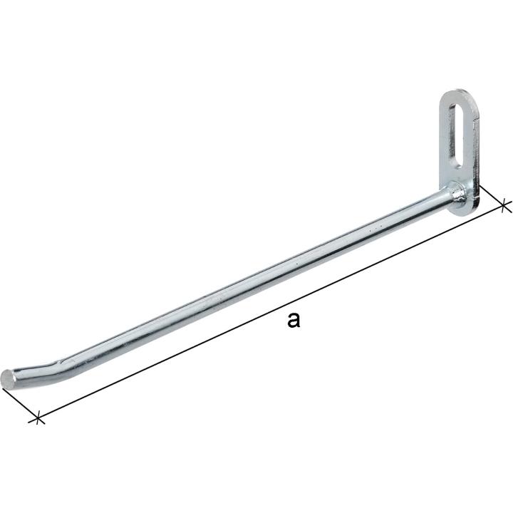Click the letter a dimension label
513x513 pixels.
pos(293,320)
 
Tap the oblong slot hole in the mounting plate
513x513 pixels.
pos(457,136)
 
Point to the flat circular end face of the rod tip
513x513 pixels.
pos(8,379)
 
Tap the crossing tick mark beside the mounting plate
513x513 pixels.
pos(504,205)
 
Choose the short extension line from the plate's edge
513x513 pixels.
pos(492,196)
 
